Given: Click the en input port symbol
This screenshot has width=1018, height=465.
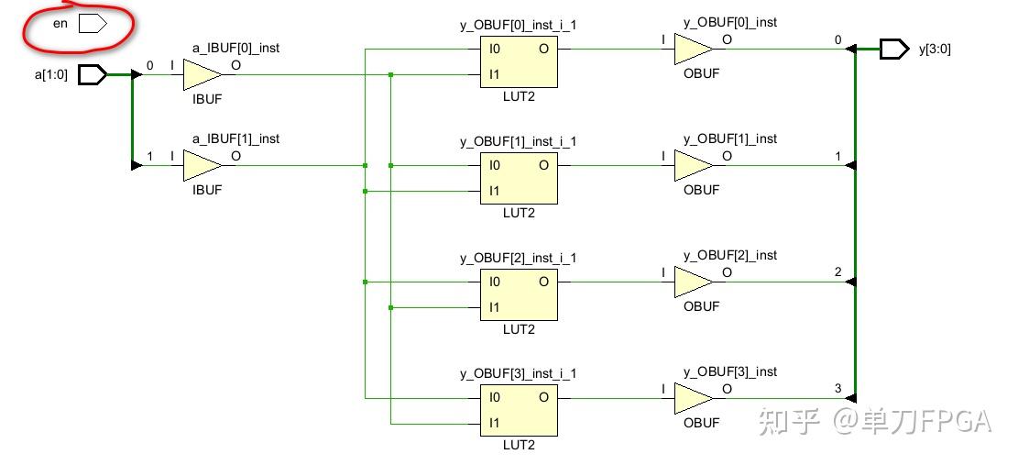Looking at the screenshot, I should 93,25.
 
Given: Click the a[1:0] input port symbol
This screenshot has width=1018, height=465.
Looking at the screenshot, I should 93,74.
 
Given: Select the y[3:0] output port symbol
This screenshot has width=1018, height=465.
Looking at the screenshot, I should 894,49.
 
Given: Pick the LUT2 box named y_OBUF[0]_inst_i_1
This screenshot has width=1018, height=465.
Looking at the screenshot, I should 519,61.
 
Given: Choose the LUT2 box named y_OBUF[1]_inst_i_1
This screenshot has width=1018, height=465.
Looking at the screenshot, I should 519,178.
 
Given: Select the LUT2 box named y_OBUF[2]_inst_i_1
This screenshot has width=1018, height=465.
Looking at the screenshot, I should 519,294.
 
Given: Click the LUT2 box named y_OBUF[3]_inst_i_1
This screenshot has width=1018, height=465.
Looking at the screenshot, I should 519,410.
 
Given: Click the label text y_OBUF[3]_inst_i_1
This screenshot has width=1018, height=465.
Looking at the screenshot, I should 518,373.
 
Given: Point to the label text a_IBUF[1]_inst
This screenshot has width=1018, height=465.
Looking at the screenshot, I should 235,138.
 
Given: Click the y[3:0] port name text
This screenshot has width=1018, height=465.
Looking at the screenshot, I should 935,50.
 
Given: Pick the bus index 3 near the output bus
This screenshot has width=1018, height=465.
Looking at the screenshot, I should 837,389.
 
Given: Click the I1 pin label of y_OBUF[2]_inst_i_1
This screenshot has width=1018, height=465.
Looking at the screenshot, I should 495,307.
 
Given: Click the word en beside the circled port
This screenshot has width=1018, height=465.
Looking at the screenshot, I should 60,24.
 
